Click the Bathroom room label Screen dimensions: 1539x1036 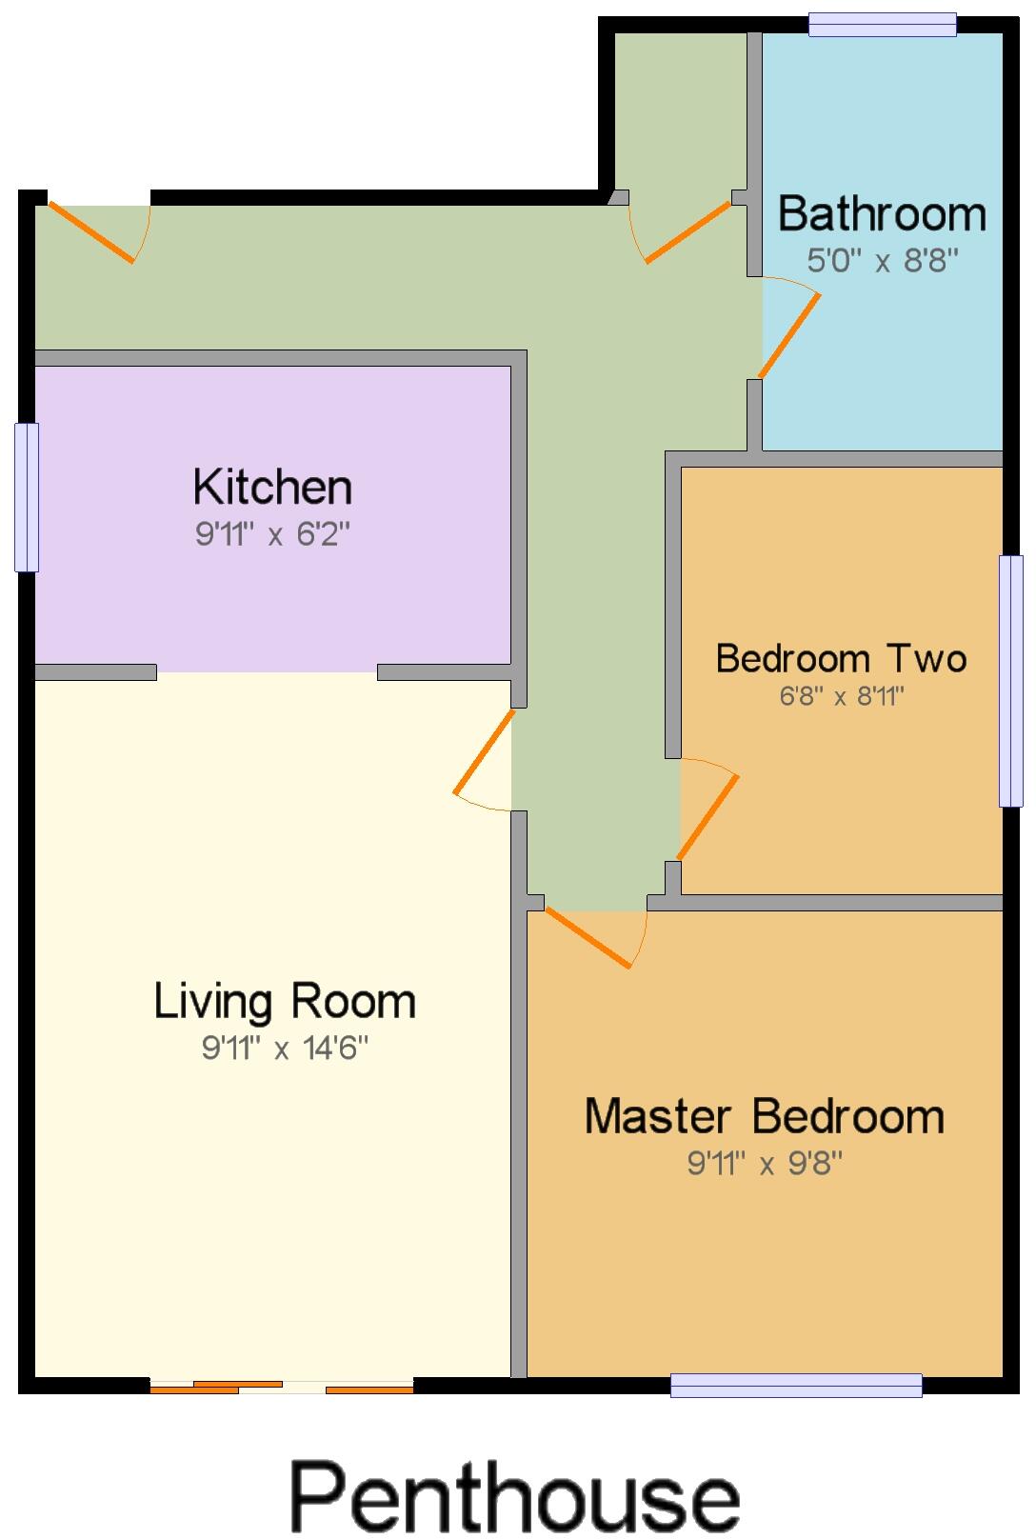pos(882,213)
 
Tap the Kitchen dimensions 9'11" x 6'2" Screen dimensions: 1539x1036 pos(273,534)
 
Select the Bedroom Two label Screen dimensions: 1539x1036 pos(841,658)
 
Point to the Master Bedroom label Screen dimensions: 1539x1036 pos(765,1116)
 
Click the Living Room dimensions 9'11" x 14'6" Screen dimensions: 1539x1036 pos(285,1049)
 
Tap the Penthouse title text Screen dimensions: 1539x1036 pos(515,1495)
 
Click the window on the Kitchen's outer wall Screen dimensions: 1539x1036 pos(27,497)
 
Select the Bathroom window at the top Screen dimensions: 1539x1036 pos(882,24)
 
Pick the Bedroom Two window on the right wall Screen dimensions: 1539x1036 pos(1010,681)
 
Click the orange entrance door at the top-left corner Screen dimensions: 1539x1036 pos(92,232)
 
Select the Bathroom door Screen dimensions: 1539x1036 pos(789,333)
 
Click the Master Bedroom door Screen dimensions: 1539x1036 pos(588,938)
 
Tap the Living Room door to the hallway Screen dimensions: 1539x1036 pos(483,752)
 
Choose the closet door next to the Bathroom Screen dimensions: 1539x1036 pos(687,231)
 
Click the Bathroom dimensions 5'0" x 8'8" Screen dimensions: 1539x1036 pos(882,260)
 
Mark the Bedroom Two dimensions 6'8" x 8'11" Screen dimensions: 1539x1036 pos(841,697)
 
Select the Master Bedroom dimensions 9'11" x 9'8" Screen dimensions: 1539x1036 pos(765,1163)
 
